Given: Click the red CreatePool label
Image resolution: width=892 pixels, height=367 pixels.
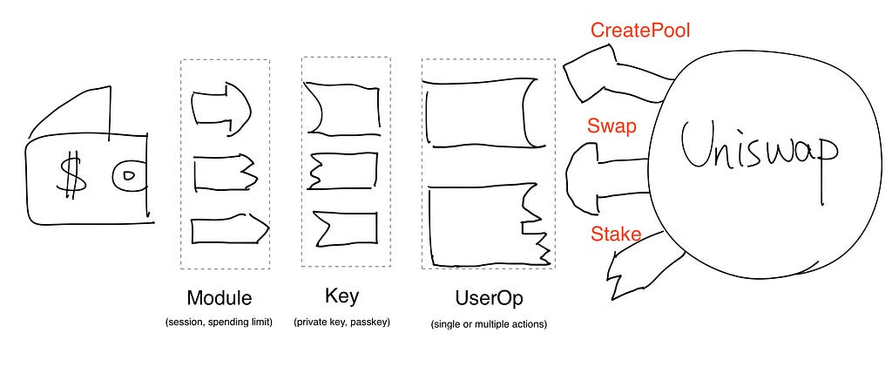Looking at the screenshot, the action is (640, 30).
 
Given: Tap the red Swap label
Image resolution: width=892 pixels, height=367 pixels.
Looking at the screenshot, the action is (611, 126).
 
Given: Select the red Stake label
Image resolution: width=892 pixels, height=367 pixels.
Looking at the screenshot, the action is (616, 234).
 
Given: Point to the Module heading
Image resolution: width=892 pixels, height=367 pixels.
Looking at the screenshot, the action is (219, 297).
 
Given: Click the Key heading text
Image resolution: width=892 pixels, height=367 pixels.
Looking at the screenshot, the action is (341, 296).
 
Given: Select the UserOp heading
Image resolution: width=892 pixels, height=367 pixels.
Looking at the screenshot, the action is (489, 298).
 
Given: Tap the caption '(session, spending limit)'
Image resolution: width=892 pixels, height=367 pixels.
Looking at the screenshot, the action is (219, 322).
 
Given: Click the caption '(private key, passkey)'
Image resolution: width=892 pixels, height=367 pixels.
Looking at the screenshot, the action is (341, 322).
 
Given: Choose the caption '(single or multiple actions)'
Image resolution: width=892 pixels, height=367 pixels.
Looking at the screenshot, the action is (489, 324).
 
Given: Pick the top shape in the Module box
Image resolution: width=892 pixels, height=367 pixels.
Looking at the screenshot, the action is (220, 108).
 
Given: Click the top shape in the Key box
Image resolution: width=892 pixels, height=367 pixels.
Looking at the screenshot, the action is (341, 110).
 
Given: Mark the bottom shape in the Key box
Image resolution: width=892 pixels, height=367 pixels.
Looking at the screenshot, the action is (344, 228).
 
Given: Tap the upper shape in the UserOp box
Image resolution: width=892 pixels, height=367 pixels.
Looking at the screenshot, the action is (481, 112).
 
